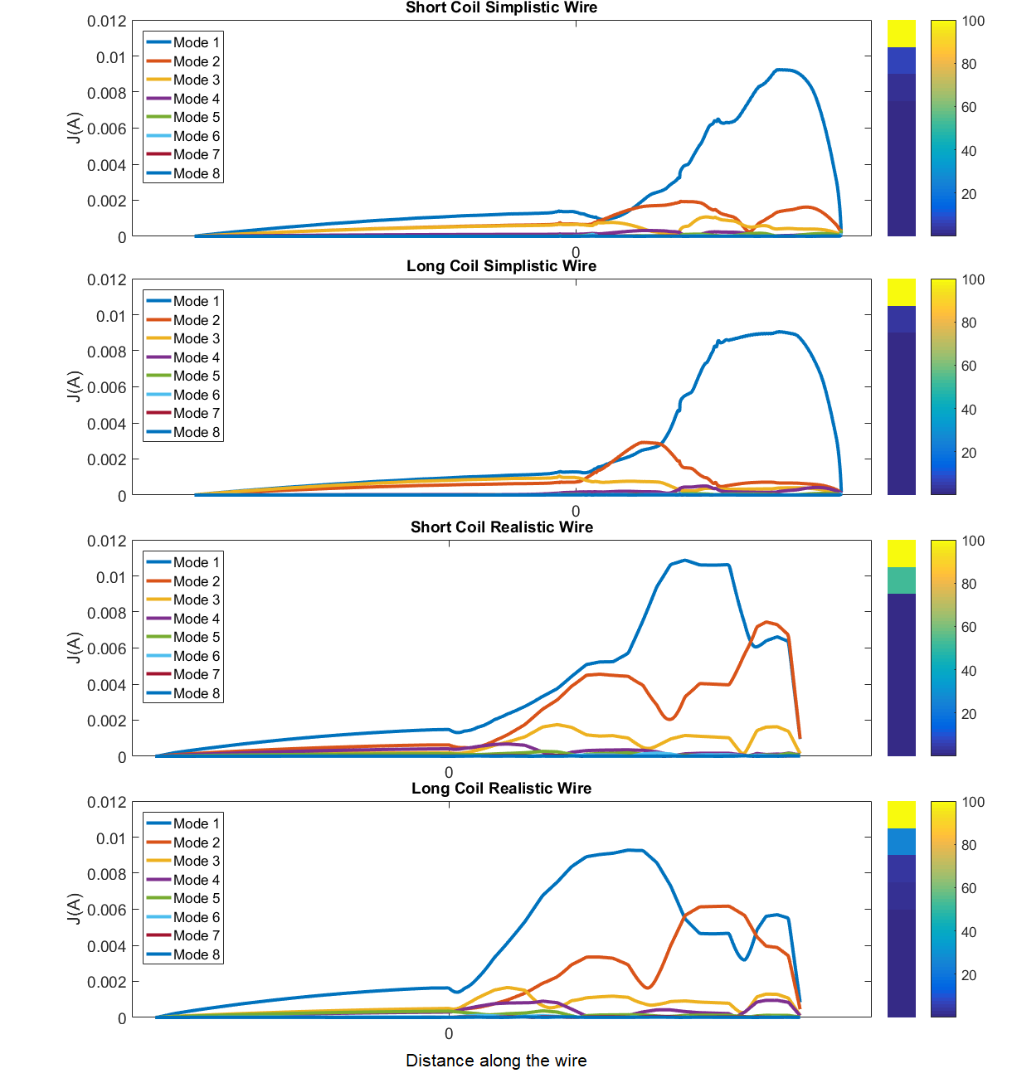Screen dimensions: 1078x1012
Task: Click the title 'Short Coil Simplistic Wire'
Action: coord(501,7)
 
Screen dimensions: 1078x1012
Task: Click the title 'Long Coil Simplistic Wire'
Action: coord(501,266)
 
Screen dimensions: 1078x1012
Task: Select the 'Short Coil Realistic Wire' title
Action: coord(501,527)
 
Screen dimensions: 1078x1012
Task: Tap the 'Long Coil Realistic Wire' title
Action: coord(501,789)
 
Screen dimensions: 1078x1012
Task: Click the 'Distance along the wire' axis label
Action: coord(496,1061)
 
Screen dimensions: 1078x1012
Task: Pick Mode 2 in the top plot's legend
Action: coord(197,61)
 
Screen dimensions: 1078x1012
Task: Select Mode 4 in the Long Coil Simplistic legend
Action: coord(197,357)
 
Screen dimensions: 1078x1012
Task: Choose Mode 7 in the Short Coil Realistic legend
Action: coord(197,674)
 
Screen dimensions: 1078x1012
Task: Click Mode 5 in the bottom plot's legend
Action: coord(197,898)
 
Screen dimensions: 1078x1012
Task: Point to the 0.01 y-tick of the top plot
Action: coord(111,57)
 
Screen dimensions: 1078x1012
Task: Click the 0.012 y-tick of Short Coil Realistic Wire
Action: coord(107,541)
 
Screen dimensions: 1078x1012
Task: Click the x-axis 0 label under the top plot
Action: coord(576,252)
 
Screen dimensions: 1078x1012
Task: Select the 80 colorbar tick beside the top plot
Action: coord(969,64)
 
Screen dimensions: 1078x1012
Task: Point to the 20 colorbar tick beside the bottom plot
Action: coord(969,975)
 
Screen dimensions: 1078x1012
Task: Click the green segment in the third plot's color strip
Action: coord(902,580)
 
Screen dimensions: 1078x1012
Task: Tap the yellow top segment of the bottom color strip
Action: coord(902,814)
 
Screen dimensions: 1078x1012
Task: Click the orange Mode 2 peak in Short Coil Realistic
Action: coord(767,622)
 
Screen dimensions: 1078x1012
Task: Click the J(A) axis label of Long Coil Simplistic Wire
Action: coord(74,386)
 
